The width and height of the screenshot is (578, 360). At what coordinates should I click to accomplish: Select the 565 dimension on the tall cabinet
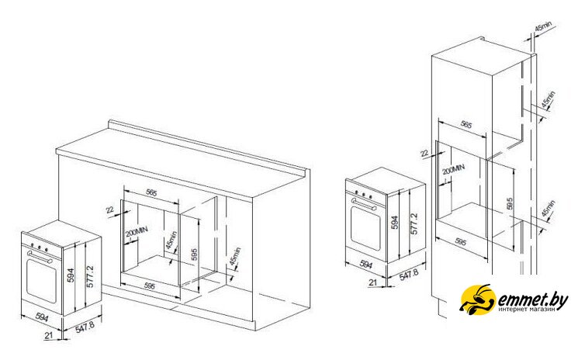(466, 124)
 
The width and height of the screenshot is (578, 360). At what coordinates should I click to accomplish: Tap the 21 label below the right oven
(372, 282)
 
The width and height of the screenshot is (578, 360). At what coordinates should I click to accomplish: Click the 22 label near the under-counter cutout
(110, 209)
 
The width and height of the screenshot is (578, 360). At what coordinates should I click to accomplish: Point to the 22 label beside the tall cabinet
(424, 154)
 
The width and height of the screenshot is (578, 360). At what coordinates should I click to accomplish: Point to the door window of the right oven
(364, 227)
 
